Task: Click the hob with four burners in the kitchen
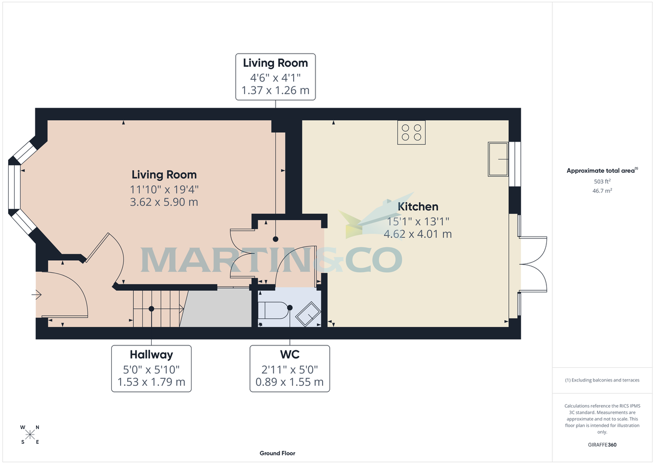412,133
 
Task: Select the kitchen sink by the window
498,159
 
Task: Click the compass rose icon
30,434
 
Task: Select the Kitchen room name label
418,207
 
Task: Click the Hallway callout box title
151,355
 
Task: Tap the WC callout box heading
289,355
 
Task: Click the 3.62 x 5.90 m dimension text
164,202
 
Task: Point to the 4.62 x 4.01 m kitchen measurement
418,234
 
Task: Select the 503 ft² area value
602,181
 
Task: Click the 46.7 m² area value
602,191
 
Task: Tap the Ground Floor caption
277,453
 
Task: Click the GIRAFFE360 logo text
602,445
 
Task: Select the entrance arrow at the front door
37,296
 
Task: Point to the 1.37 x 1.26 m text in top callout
275,90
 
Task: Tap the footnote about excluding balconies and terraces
602,380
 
